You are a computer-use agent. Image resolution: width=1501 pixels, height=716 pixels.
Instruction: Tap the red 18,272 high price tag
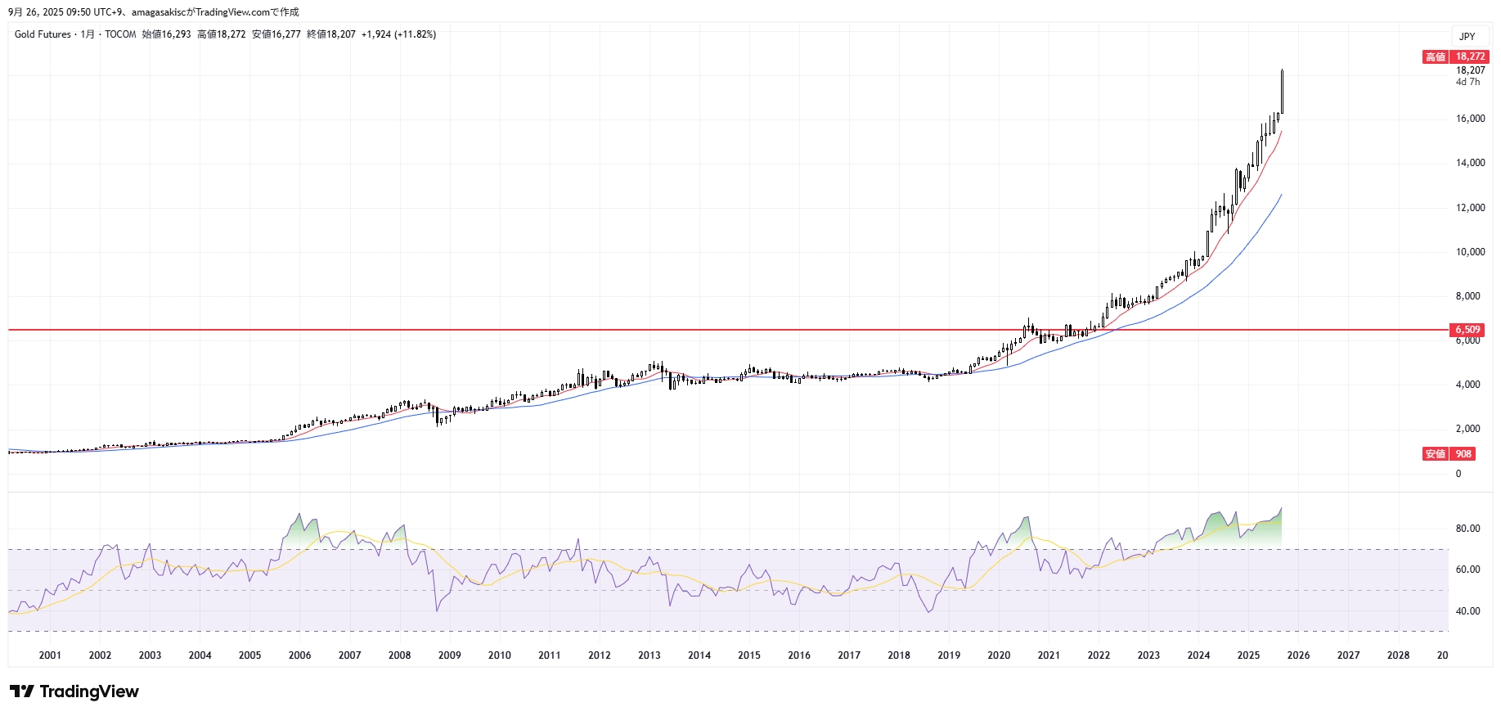tap(1470, 56)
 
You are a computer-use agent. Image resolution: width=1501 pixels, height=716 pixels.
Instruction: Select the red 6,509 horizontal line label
tap(1467, 330)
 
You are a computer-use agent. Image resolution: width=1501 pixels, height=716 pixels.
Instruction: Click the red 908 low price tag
tap(1463, 453)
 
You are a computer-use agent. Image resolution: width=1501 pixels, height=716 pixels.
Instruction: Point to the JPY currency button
tap(1467, 37)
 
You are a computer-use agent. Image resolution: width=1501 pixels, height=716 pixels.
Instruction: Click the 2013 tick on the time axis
tap(649, 655)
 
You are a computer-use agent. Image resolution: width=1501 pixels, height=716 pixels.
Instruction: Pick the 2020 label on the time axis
tap(998, 655)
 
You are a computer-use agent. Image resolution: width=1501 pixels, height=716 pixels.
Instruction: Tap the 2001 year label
tap(50, 655)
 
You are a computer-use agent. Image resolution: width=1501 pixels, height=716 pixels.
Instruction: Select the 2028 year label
tap(1398, 655)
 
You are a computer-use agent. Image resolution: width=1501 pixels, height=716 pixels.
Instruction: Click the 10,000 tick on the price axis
tap(1470, 252)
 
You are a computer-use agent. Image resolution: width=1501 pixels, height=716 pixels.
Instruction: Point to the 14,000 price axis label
tap(1470, 163)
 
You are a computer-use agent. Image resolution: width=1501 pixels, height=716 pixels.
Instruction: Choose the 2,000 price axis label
tap(1467, 429)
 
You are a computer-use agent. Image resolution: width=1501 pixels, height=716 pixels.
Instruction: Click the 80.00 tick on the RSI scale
tap(1467, 529)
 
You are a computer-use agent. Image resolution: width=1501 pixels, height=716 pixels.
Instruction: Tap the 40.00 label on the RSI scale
tap(1467, 611)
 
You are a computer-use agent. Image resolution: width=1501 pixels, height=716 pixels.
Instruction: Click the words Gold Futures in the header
tap(43, 34)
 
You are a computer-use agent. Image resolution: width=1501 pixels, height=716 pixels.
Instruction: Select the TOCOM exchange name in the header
tap(120, 34)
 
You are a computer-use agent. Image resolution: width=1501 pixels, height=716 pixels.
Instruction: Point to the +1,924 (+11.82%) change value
tap(398, 34)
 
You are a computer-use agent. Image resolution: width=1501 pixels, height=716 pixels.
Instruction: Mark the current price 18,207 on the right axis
tap(1470, 70)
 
